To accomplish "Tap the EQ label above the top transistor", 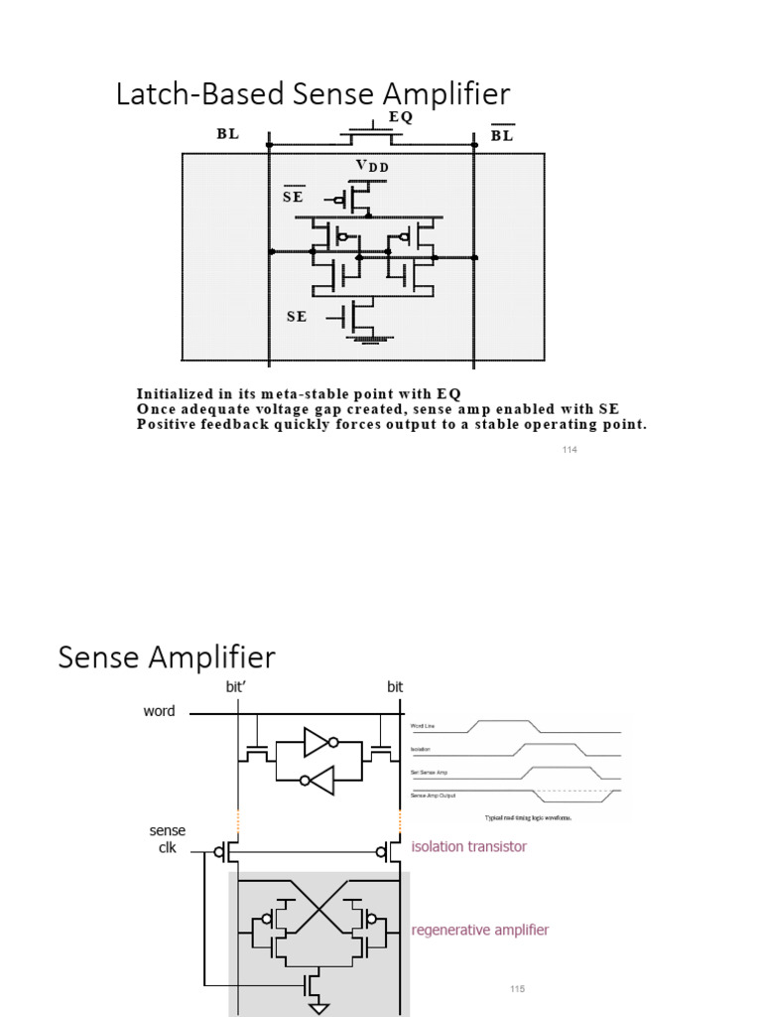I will [x=400, y=116].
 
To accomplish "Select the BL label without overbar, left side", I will [x=227, y=135].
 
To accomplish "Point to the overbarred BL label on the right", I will [x=502, y=135].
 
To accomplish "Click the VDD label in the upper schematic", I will [x=371, y=167].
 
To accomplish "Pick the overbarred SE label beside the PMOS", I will [x=293, y=196].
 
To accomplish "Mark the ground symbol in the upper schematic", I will [x=366, y=342].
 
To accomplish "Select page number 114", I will [x=569, y=450].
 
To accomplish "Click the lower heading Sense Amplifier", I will [x=167, y=657].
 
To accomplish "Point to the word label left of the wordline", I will [x=159, y=711].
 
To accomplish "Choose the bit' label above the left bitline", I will [x=241, y=686].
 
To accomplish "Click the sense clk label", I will [x=167, y=839].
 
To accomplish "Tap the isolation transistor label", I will [x=468, y=847].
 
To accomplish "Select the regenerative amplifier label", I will [x=479, y=930].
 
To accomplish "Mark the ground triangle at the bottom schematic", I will [x=318, y=1008].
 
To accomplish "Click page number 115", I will [x=515, y=989].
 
